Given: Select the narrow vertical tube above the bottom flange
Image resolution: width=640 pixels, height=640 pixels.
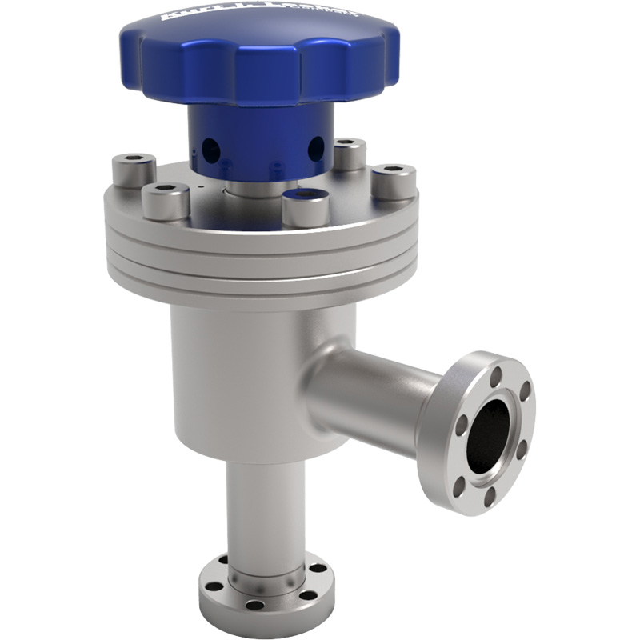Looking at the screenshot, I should point(264,512).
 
